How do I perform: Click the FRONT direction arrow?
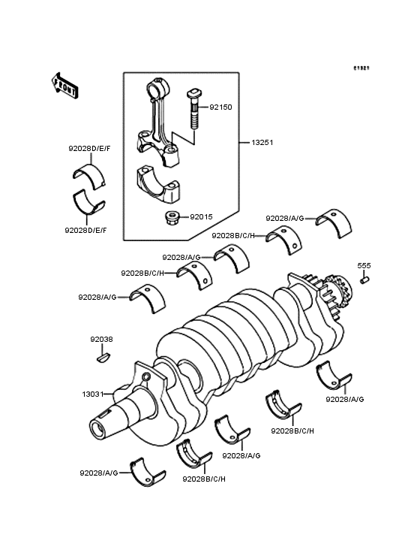pos(64,86)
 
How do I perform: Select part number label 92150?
pos(220,107)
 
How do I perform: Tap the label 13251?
pos(262,143)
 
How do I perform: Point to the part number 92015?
pos(201,217)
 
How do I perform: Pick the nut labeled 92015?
pos(171,218)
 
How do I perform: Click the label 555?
pos(364,265)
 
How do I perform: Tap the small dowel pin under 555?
pos(364,280)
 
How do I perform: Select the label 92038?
pos(101,339)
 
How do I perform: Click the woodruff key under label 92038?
pos(103,358)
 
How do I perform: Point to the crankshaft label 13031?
pos(93,394)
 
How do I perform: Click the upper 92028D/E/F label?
pos(89,148)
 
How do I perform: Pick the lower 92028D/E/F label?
pos(85,230)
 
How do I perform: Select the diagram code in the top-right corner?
pos(361,68)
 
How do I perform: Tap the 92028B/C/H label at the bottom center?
pos(204,479)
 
